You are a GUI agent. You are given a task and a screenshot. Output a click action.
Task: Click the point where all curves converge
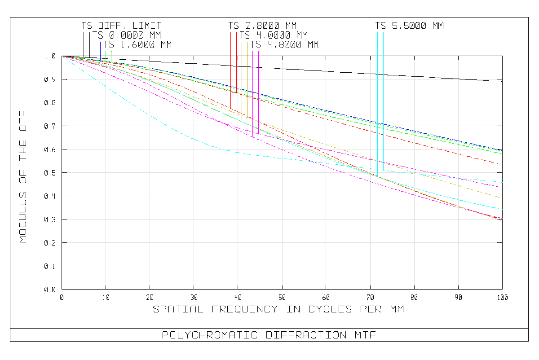[x=62, y=56]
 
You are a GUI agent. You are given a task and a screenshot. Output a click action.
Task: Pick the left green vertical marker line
[x=106, y=55]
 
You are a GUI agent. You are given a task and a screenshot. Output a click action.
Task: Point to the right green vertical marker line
[x=111, y=55]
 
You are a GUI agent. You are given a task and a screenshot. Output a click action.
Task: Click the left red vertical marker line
[x=231, y=67]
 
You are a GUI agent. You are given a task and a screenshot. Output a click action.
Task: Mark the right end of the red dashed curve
[x=501, y=164]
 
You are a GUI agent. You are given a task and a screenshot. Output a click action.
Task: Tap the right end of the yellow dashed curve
[x=499, y=197]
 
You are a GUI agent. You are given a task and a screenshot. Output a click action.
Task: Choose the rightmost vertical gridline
[x=459, y=180]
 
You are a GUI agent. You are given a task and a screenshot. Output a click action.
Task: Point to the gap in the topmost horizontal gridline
[x=462, y=79]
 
